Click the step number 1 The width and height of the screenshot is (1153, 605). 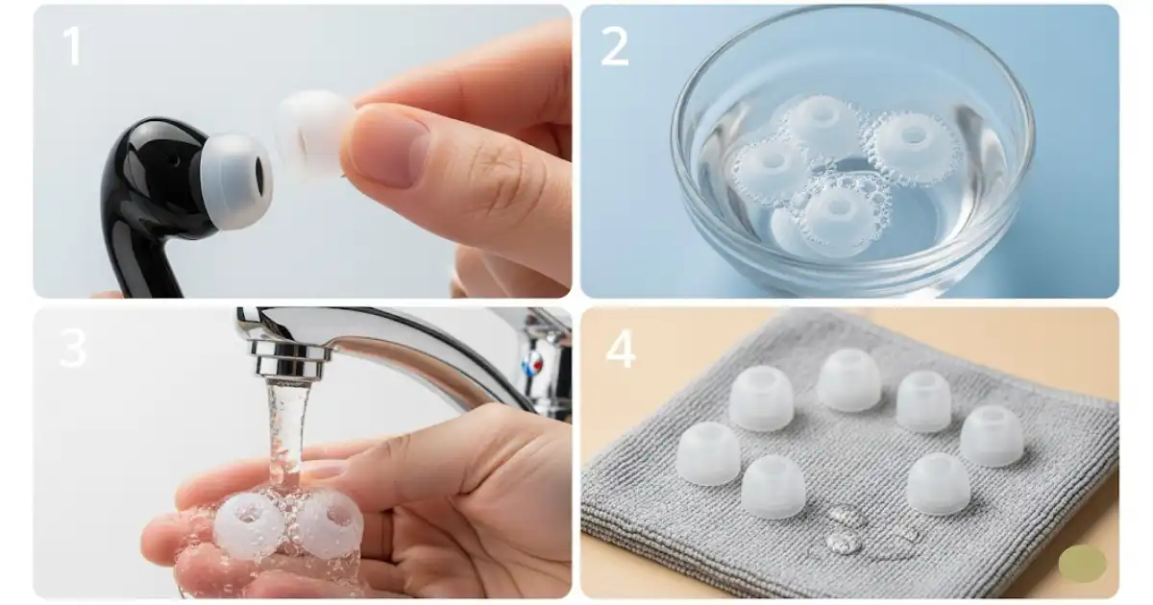[x=73, y=46]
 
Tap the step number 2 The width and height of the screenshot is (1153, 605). [x=615, y=46]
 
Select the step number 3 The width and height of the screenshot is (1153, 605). [x=73, y=348]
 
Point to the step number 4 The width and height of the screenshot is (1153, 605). [x=621, y=349]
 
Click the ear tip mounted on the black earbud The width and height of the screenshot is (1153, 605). [x=236, y=181]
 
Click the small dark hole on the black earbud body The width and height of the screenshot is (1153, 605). [x=178, y=161]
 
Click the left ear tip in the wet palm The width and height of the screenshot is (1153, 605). [x=248, y=525]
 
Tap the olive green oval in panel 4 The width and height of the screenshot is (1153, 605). [x=1083, y=564]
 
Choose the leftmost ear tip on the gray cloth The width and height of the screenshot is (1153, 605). [x=709, y=453]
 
